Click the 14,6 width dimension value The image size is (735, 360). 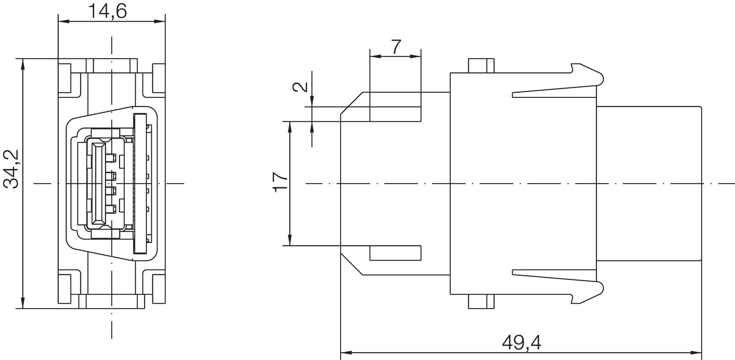click(x=107, y=10)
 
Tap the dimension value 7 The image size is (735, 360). click(x=396, y=47)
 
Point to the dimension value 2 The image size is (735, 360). click(x=301, y=87)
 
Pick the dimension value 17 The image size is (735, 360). click(x=281, y=182)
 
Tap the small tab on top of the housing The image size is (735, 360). click(x=481, y=66)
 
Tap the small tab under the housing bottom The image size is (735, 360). click(x=481, y=302)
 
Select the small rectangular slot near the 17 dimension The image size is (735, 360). click(x=395, y=253)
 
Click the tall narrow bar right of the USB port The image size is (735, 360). click(x=141, y=183)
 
